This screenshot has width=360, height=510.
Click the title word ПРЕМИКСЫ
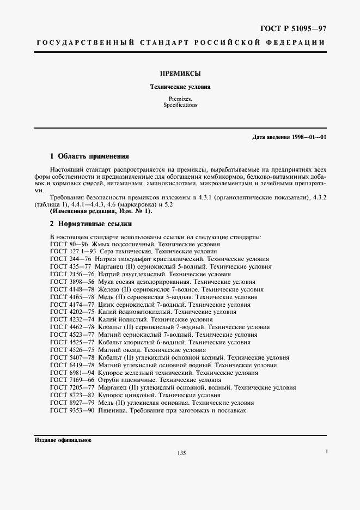(180, 72)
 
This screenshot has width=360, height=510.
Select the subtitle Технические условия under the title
(180, 87)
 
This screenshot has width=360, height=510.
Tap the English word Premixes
(180, 99)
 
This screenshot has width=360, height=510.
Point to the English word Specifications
(180, 105)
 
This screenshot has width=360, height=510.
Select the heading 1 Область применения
(89, 156)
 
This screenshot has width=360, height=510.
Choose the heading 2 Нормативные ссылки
(91, 223)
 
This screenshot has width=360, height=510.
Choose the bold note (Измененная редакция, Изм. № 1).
(101, 211)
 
